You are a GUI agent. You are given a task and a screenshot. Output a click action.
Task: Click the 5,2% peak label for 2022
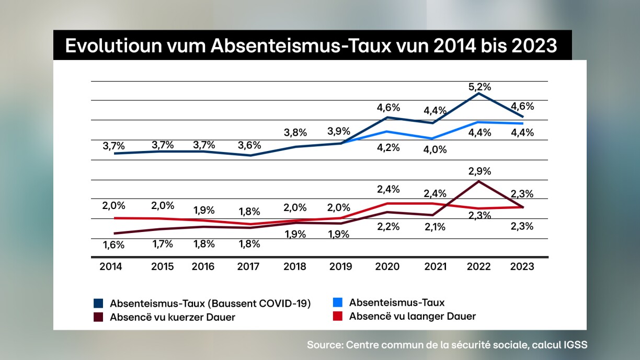point(479,87)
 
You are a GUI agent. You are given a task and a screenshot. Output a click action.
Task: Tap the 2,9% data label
point(479,171)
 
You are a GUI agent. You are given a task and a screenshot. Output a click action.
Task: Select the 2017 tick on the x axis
point(248,266)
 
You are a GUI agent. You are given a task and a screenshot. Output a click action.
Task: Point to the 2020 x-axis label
point(387,266)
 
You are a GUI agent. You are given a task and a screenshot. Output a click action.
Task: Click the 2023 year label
point(522,266)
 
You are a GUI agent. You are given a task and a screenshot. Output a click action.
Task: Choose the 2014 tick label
point(111,266)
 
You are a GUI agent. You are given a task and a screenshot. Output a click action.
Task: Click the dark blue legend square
point(98,303)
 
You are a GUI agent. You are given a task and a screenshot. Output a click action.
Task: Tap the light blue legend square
point(338,303)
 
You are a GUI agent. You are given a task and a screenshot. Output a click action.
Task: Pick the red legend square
point(338,316)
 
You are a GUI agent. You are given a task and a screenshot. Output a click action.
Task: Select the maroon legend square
point(98,317)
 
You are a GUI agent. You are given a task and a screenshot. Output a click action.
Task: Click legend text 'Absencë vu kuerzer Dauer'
point(172,317)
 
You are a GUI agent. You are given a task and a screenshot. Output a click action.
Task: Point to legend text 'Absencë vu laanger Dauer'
point(413,316)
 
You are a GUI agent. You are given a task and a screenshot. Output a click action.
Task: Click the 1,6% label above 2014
point(113,243)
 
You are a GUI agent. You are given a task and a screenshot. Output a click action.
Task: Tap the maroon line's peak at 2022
point(478,181)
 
